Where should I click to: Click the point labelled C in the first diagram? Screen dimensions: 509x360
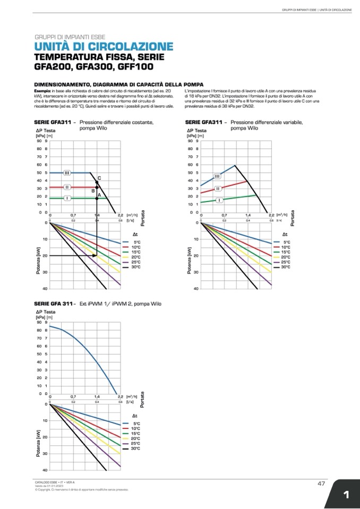click(x=97, y=183)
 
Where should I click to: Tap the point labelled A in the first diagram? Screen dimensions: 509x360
click(x=97, y=199)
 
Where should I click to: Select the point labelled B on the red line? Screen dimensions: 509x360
click(x=97, y=187)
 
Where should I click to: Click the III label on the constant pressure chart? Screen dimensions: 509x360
click(x=67, y=173)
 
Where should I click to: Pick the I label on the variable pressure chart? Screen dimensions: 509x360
click(x=219, y=200)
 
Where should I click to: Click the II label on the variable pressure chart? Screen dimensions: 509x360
click(x=218, y=188)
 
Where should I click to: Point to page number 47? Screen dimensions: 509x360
click(x=321, y=483)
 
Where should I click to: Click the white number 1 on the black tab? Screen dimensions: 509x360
click(x=346, y=495)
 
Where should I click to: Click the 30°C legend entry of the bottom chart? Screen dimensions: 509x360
click(x=136, y=448)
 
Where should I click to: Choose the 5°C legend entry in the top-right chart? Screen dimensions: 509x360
click(x=286, y=242)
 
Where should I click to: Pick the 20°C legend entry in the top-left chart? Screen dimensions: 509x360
click(x=136, y=257)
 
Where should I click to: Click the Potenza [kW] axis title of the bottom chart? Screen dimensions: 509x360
click(x=38, y=443)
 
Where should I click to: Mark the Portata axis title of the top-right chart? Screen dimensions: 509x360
click(x=293, y=217)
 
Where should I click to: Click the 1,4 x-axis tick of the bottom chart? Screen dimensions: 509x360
click(x=97, y=396)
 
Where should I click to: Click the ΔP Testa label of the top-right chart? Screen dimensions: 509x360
click(x=196, y=130)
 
